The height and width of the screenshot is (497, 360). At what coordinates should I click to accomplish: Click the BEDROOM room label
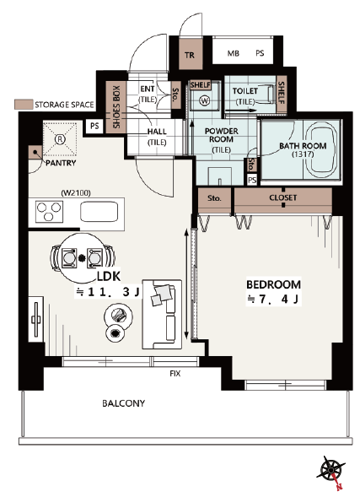pos(273,284)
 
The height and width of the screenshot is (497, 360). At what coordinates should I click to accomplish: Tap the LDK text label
pos(108,277)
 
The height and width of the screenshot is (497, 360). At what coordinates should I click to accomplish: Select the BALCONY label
pos(123,403)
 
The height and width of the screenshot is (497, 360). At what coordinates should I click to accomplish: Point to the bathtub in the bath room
pos(321,151)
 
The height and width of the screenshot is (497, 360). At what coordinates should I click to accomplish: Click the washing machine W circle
pos(205,100)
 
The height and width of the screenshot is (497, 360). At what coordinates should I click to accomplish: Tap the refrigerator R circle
pos(59,138)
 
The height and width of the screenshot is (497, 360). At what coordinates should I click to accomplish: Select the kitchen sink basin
pos(99,212)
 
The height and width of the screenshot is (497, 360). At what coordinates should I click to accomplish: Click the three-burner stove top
pos(49,212)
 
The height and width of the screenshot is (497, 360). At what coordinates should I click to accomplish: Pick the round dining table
pos(82,258)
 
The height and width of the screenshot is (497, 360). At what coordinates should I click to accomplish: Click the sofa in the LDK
pos(162,315)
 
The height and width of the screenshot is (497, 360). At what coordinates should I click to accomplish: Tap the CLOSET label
pos(283,197)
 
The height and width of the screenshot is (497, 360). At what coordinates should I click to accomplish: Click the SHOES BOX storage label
pos(116,107)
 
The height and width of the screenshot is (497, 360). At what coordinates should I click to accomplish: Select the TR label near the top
pos(190,55)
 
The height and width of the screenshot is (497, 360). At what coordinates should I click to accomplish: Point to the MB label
pos(234,53)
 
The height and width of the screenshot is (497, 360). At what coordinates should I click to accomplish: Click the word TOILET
pos(245,91)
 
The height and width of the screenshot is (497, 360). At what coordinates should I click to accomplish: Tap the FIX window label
pos(175,374)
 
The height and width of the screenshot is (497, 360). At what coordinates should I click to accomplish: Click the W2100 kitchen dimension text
pos(76,192)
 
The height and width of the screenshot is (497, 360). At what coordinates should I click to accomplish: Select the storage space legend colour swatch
pos(24,105)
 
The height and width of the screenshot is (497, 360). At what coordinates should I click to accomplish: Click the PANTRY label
pos(61,163)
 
